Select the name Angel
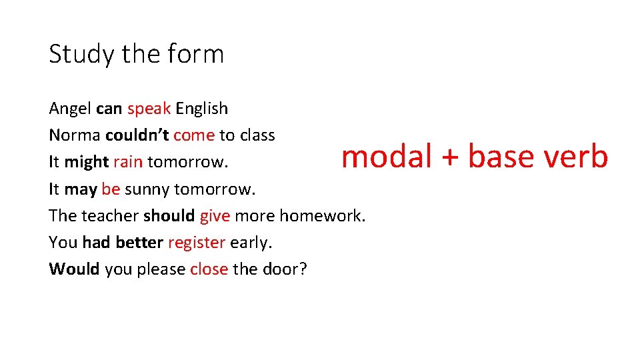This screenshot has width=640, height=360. (70, 109)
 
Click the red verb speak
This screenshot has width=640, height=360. (149, 109)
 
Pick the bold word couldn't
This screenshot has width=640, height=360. (137, 135)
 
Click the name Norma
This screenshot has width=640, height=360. (75, 135)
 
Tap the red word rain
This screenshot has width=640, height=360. (128, 162)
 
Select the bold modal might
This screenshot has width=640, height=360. (87, 162)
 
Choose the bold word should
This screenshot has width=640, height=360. (169, 215)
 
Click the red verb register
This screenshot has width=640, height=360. (197, 243)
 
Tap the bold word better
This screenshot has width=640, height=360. (139, 242)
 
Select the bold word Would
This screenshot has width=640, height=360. (74, 269)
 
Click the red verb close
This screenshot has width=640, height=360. (209, 269)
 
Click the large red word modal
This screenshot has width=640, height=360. (387, 157)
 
